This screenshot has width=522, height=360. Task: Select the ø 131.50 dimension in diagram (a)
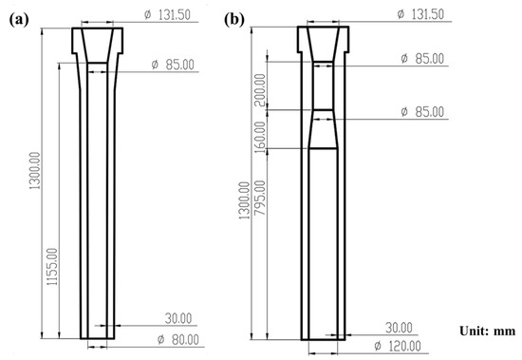coord(174,13)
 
